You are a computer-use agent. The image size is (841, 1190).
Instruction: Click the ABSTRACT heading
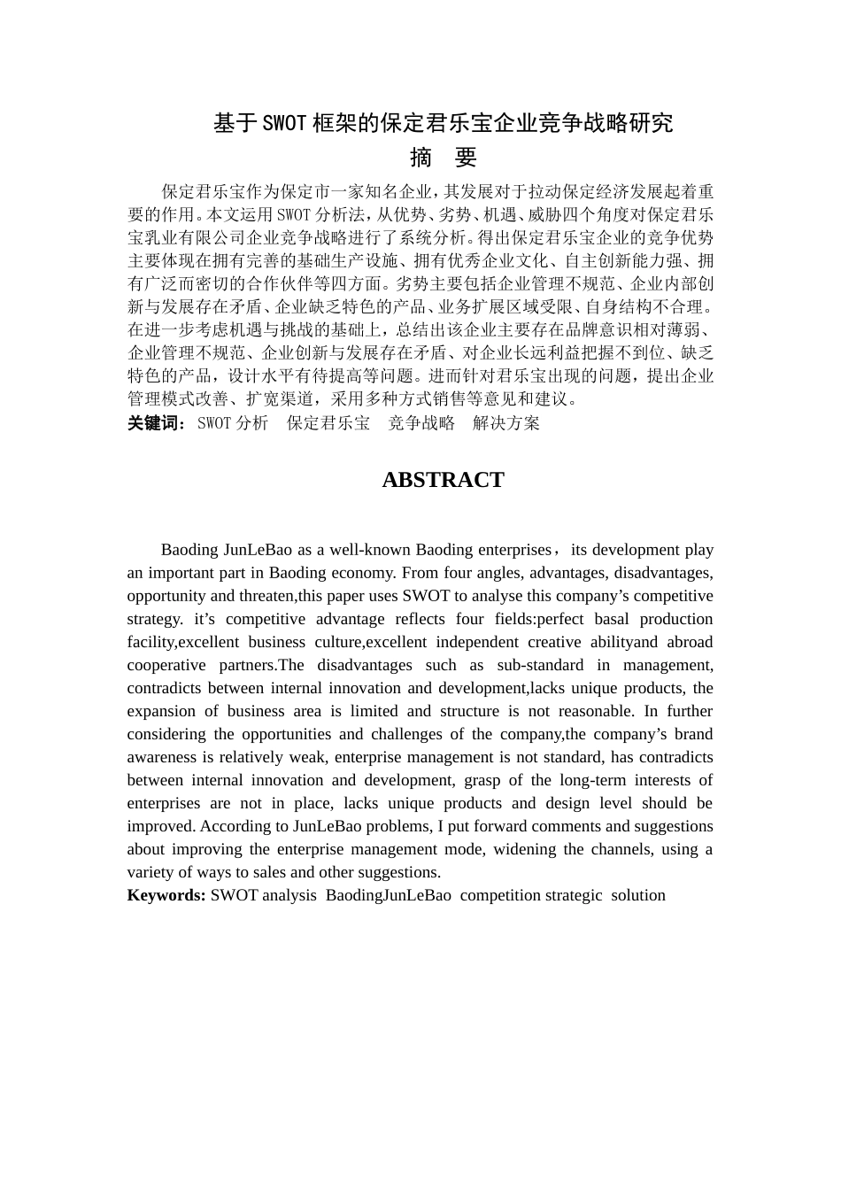[443, 480]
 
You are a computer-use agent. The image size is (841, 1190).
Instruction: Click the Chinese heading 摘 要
[444, 158]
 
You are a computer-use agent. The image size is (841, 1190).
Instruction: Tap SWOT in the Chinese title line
[285, 123]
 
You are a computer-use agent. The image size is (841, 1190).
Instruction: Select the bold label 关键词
[153, 423]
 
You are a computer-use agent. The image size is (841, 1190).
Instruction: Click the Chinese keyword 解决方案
[505, 423]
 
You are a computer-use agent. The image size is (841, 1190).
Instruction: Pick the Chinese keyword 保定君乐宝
[328, 423]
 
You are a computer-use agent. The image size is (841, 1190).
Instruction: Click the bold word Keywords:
[166, 895]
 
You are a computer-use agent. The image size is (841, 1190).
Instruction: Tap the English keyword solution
[638, 895]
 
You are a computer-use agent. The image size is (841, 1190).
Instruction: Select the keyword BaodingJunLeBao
[389, 895]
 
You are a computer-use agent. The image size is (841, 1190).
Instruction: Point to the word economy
[362, 573]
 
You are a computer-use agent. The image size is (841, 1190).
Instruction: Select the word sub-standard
[540, 665]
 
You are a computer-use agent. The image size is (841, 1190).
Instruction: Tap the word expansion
[160, 711]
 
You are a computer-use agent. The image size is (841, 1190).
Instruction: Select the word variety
[150, 872]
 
